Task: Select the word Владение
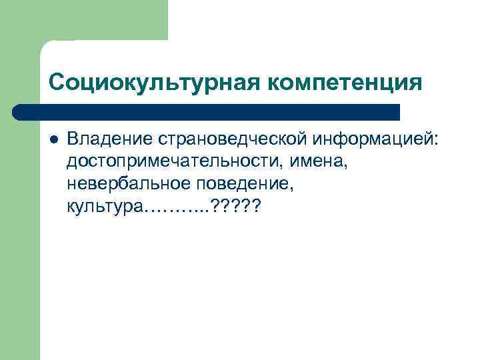point(110,141)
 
